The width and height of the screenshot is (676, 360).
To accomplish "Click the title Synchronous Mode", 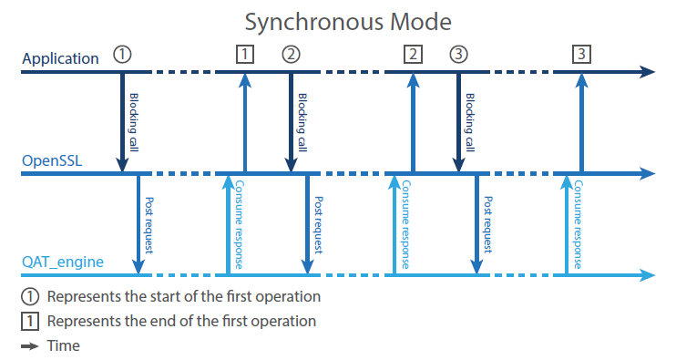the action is (348, 22).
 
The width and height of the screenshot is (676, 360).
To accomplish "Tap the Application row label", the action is (60, 58).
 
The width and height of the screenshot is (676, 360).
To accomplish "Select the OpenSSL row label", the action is (52, 160).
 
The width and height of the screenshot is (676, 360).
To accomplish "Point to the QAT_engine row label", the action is (63, 262).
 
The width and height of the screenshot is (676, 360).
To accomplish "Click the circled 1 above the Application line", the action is (122, 55).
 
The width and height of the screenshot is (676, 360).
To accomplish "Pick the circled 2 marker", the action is (291, 55).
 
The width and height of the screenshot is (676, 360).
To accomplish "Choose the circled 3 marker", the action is (458, 55).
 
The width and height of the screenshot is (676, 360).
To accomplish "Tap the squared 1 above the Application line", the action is (245, 55).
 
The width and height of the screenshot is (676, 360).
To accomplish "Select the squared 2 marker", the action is (413, 55).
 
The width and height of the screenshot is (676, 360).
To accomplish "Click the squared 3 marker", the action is (581, 55).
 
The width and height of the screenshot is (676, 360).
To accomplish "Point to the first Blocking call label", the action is (134, 122).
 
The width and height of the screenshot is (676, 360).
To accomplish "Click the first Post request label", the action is (149, 225).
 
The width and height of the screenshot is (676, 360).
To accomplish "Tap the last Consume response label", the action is (578, 224).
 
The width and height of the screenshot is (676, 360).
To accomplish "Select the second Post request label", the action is (318, 225).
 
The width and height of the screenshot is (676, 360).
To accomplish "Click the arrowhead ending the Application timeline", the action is (647, 72).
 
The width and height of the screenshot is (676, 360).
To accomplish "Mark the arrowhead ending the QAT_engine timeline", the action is (647, 274).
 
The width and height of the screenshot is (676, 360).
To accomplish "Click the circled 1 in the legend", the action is (30, 296).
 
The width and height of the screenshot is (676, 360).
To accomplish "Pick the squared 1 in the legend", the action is (30, 321).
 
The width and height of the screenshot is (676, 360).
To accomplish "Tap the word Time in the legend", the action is (64, 345).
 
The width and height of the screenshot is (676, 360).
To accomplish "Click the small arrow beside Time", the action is (30, 346).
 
